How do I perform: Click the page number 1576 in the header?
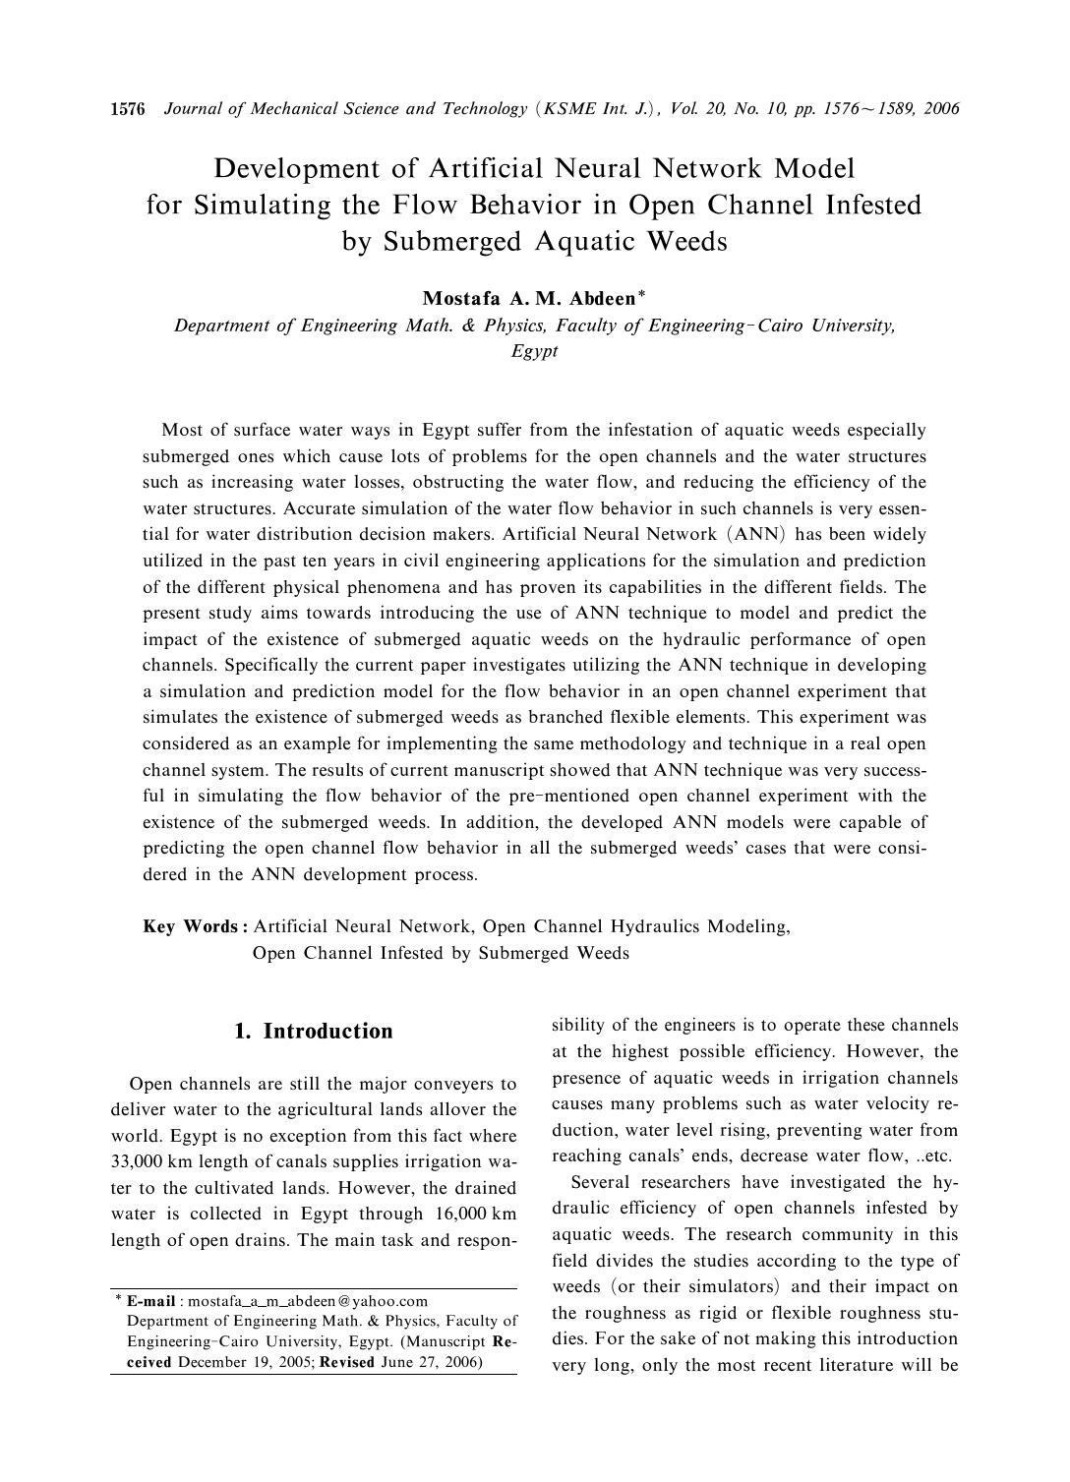[x=128, y=108]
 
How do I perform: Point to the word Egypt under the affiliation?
[x=534, y=351]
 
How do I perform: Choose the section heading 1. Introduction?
[x=314, y=1031]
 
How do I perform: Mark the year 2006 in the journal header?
[x=941, y=108]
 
